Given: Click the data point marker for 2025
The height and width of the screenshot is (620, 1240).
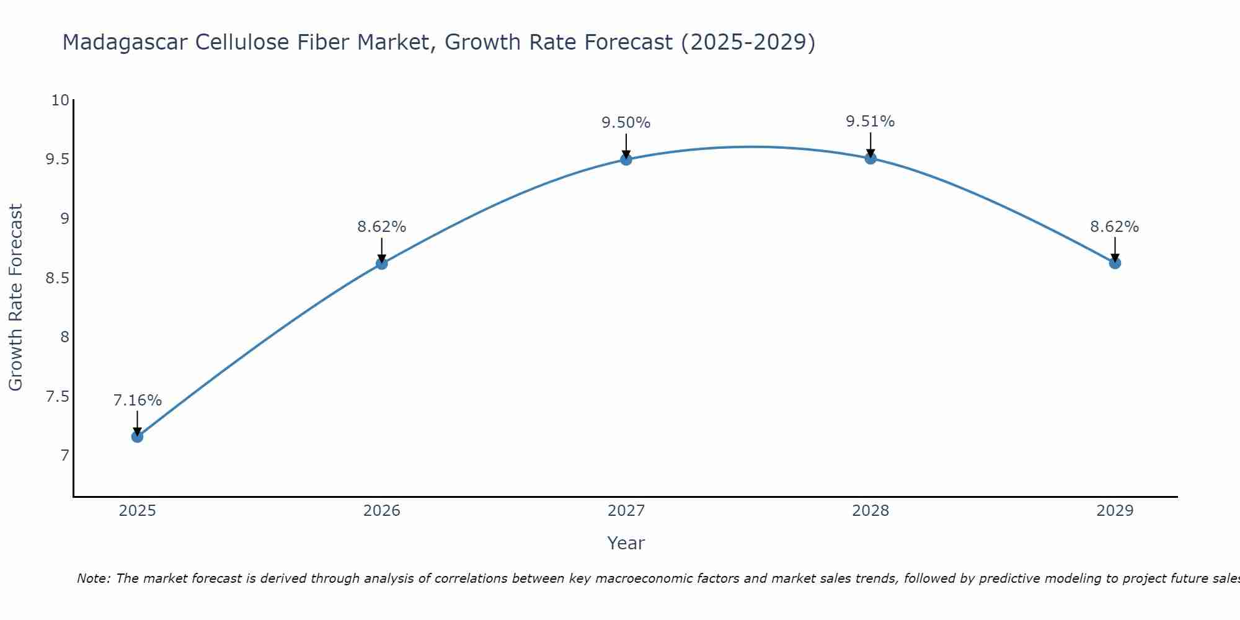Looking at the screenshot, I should [x=137, y=436].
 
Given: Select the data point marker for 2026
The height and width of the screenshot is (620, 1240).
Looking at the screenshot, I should [x=381, y=263].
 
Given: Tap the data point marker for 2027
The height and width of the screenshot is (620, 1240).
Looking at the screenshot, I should [x=626, y=159].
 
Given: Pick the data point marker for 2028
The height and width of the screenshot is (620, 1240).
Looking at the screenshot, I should [x=870, y=158].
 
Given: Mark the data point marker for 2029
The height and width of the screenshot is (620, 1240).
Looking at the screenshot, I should [x=1114, y=263].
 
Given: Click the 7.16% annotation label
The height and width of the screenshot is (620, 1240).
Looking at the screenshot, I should [x=137, y=401].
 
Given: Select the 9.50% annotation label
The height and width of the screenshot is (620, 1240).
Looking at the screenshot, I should [x=626, y=123].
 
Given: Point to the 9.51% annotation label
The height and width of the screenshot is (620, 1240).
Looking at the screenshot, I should [x=870, y=122].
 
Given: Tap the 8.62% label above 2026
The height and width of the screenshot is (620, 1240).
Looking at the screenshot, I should [x=381, y=227].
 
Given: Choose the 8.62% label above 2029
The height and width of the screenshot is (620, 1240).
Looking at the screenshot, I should [x=1114, y=227].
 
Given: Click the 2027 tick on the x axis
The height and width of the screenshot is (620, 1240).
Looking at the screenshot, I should [x=626, y=511].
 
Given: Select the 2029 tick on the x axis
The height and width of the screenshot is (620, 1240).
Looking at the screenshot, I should [x=1114, y=511].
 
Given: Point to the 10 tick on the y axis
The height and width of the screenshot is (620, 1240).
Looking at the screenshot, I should [x=60, y=100].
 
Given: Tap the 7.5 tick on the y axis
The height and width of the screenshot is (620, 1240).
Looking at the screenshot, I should [x=57, y=397].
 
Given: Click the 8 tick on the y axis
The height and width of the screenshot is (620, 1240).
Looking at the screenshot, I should [x=64, y=337].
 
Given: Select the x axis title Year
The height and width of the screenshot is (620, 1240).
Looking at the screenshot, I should [x=626, y=543].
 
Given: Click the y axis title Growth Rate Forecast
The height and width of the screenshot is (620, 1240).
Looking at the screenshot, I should [x=15, y=298].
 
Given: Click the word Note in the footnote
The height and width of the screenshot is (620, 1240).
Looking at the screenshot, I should [x=93, y=578].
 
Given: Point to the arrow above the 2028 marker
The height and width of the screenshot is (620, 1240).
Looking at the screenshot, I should [x=870, y=144].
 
